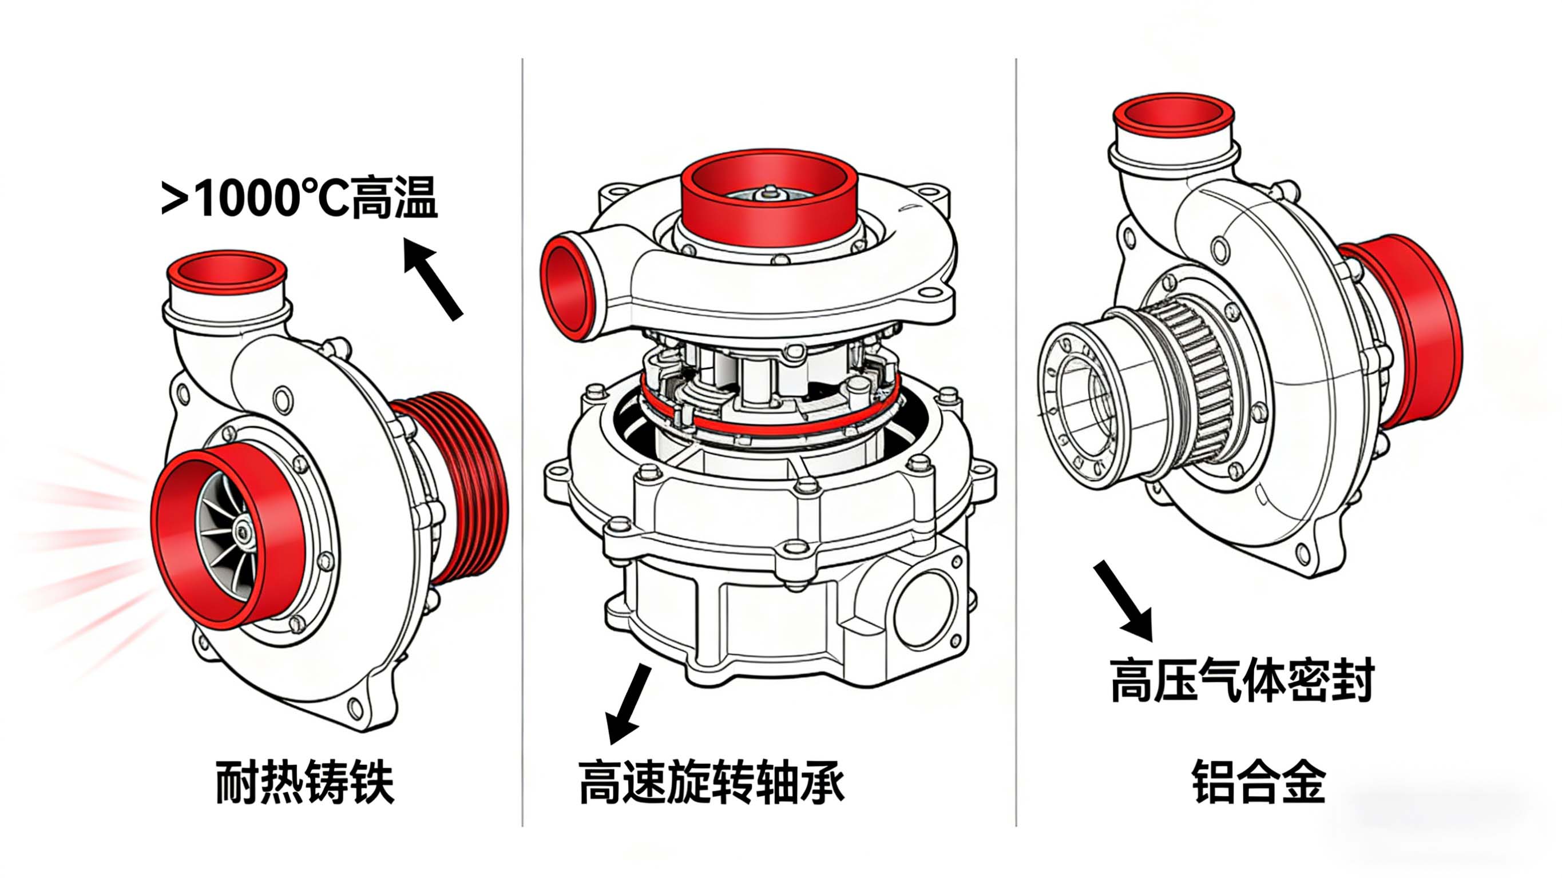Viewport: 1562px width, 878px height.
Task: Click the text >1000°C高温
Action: coord(298,198)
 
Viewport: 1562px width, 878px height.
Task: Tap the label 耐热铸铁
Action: coord(305,782)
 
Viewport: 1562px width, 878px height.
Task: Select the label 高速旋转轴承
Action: coord(711,782)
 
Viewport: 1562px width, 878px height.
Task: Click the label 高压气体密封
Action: coord(1242,680)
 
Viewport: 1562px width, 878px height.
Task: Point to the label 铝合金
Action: coord(1259,782)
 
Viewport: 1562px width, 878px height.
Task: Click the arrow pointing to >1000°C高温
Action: coord(433,279)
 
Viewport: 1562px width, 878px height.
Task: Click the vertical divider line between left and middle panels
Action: coord(522,443)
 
